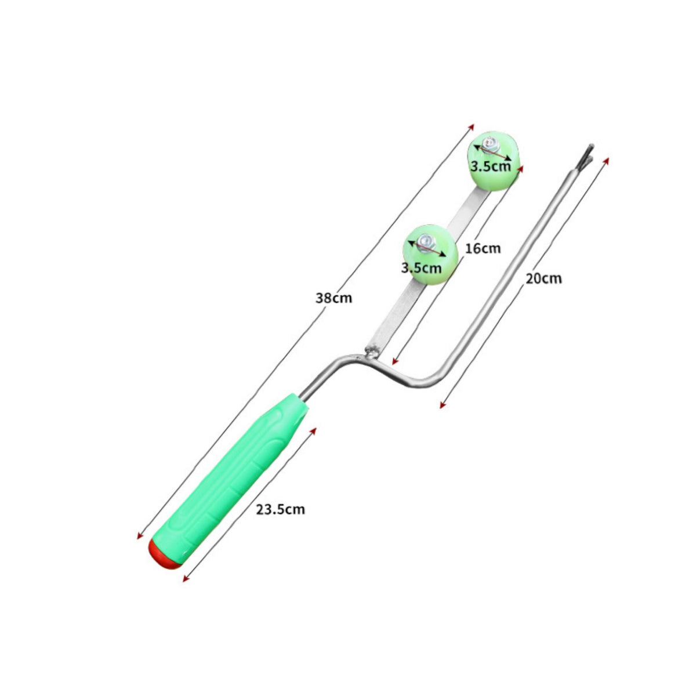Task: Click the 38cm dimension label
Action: (x=333, y=298)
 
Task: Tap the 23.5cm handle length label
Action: (x=280, y=510)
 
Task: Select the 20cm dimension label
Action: (x=543, y=278)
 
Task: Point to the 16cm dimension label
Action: (x=483, y=248)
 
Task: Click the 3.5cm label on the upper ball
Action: (x=491, y=166)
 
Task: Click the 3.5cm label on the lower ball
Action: (x=422, y=268)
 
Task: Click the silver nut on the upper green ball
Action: (x=491, y=145)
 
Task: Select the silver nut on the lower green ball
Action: (x=426, y=242)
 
